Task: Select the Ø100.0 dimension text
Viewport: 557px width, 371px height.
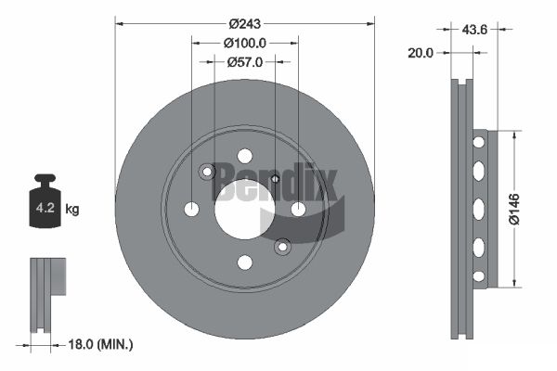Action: point(245,43)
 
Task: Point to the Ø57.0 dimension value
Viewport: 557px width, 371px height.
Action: point(245,62)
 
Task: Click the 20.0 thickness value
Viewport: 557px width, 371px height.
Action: point(421,53)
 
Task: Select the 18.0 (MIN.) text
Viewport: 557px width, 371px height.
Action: point(102,344)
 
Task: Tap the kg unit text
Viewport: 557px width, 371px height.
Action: point(73,209)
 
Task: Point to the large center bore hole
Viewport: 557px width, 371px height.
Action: point(245,210)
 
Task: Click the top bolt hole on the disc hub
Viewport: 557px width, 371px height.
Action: point(245,156)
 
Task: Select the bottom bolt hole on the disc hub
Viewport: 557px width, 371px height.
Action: point(245,262)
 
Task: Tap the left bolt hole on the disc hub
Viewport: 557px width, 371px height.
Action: point(191,210)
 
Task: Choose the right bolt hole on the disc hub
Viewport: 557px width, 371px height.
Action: point(298,210)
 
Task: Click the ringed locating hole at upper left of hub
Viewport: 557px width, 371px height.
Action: point(207,172)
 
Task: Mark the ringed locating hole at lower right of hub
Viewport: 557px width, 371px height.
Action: point(282,247)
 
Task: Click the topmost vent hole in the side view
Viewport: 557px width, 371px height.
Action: point(479,142)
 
